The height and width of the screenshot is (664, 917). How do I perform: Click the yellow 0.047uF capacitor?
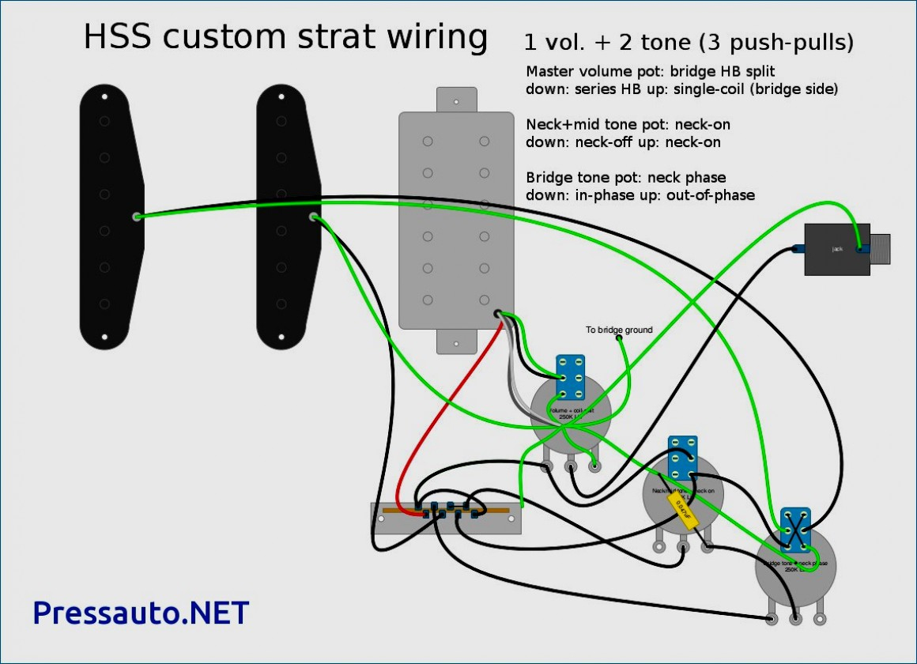click(681, 510)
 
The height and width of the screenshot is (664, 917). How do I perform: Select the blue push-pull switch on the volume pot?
click(570, 377)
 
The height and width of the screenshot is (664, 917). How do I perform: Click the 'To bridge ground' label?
click(619, 330)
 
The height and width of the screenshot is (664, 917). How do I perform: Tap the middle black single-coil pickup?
click(285, 217)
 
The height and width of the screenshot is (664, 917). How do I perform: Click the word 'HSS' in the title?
click(120, 37)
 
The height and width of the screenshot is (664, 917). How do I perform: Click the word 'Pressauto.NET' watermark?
click(141, 613)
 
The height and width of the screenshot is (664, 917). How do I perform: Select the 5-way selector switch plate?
click(447, 519)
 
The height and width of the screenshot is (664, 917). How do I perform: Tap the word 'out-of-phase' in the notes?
click(712, 194)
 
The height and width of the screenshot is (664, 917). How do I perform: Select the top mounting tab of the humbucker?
click(456, 100)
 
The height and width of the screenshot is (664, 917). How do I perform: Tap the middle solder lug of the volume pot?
click(571, 466)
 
